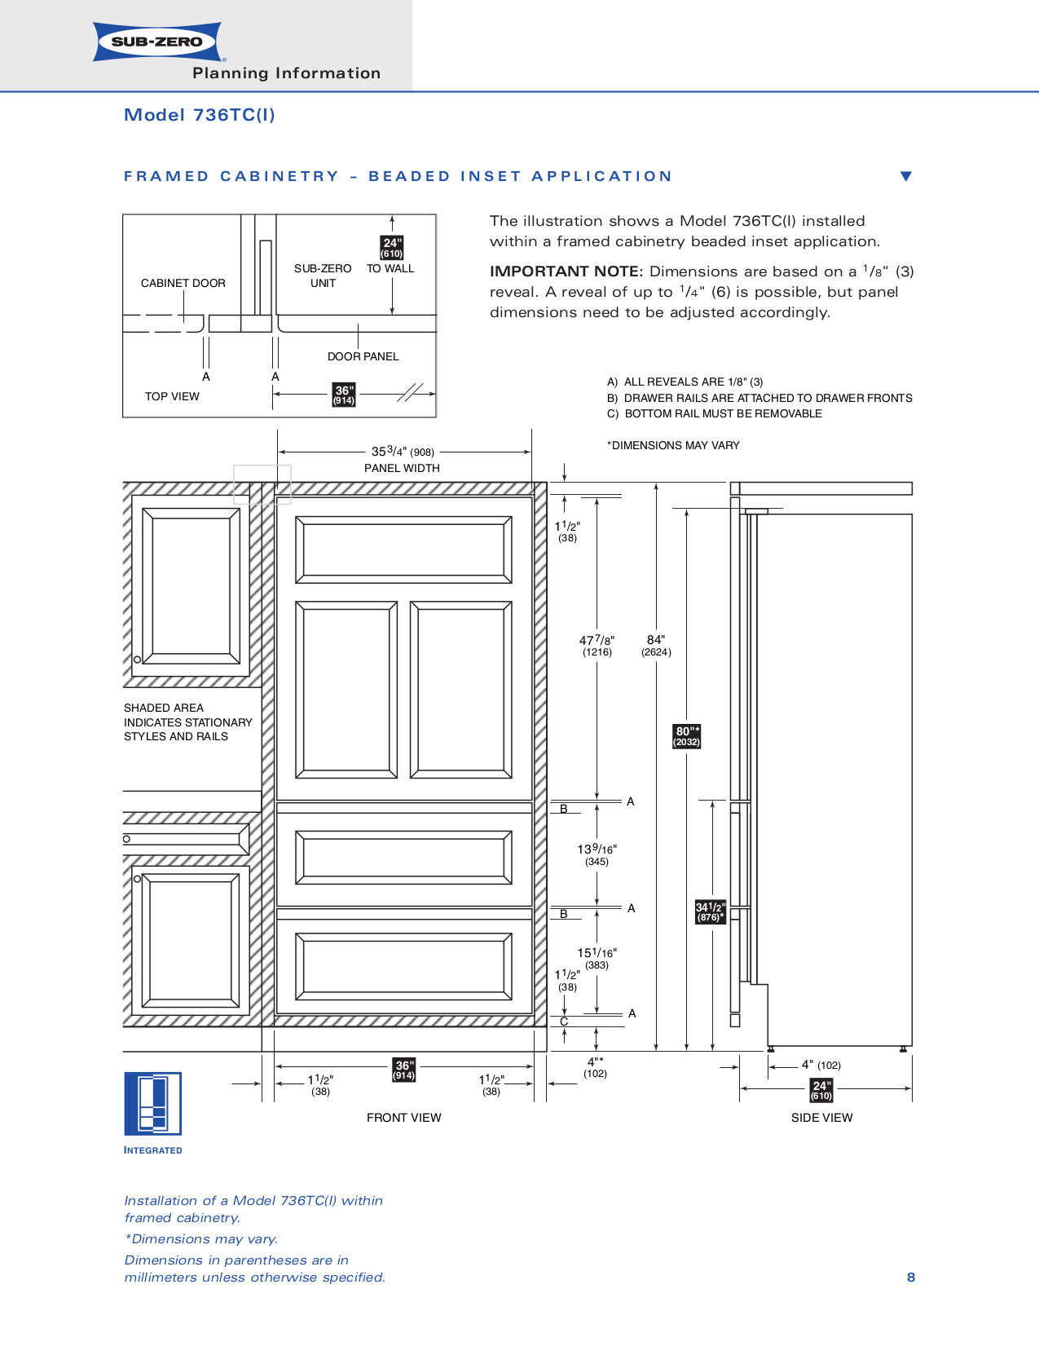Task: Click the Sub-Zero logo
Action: tap(157, 42)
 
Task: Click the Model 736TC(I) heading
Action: tap(199, 115)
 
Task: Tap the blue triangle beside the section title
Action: tap(905, 176)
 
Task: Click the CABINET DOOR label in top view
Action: tap(183, 283)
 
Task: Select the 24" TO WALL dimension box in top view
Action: tap(392, 248)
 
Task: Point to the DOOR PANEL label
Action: tap(363, 356)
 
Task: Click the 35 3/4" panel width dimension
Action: tap(403, 452)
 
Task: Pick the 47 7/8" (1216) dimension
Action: tap(597, 645)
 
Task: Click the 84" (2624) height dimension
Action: tap(656, 645)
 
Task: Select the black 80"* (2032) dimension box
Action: tap(687, 736)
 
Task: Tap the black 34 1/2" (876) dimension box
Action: tap(710, 911)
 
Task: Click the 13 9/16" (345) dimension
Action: tap(597, 854)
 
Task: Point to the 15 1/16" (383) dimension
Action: tap(597, 957)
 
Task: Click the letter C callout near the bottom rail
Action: tap(564, 1022)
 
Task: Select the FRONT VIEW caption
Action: tap(403, 1118)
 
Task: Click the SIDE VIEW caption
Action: tap(821, 1118)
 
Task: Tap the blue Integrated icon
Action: tap(152, 1104)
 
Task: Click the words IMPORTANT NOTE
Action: tap(566, 271)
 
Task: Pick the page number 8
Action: tap(911, 1278)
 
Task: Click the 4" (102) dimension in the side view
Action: tap(821, 1065)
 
